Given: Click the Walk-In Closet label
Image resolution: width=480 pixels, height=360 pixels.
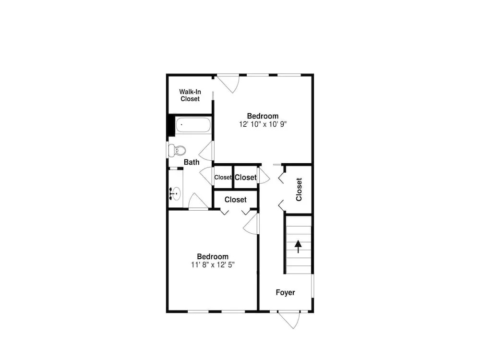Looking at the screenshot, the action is click(190, 95).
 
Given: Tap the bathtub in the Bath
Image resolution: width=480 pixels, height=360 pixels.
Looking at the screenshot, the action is click(193, 125).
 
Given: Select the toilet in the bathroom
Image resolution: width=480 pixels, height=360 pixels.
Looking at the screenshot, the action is click(177, 150).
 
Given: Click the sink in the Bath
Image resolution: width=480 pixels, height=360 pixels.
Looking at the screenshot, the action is click(175, 193).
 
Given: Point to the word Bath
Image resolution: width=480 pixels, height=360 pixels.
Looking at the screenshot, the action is click(192, 162).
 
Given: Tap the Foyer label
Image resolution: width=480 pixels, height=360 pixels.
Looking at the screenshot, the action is click(285, 293).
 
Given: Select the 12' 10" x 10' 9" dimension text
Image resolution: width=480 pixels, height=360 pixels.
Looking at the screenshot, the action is click(263, 124).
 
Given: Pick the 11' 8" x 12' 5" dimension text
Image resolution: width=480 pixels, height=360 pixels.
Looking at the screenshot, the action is click(213, 265).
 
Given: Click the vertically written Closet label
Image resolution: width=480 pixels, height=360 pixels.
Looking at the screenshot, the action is click(299, 190).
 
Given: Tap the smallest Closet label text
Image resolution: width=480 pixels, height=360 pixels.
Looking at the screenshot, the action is click(223, 178).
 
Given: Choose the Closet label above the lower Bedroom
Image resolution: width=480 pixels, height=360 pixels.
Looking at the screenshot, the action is click(235, 200).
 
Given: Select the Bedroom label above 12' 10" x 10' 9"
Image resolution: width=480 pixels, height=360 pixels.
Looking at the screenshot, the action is click(263, 116).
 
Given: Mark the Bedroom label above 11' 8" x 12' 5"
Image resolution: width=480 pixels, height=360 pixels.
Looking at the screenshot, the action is click(213, 256).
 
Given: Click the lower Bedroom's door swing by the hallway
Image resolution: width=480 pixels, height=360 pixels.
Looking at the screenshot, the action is click(251, 224).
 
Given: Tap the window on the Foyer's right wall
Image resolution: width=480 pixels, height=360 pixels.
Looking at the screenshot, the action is click(312, 286).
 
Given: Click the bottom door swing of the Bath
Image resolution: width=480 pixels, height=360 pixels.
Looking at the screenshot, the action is click(198, 202).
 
